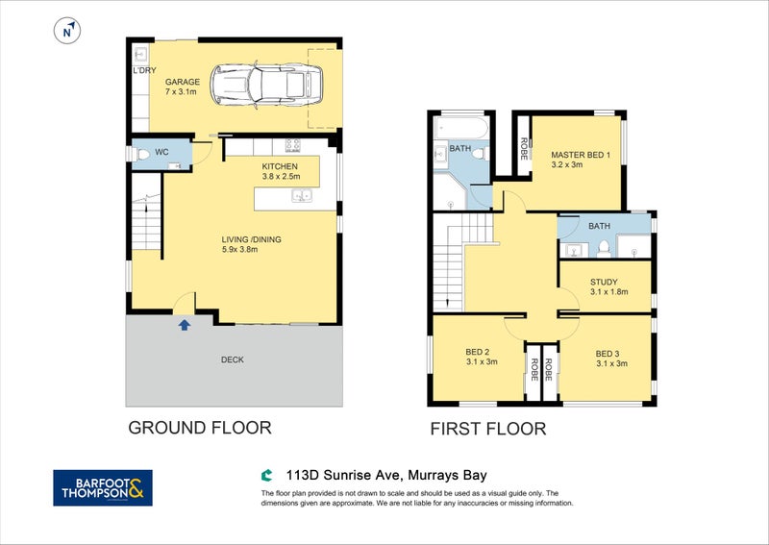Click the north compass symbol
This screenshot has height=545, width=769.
click(67, 31)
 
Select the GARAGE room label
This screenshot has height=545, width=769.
click(183, 82)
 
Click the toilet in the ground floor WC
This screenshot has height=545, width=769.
click(142, 154)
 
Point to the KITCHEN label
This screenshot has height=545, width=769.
click(280, 166)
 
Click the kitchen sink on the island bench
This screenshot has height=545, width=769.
click(302, 196)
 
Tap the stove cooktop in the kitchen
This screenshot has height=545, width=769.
click(293, 146)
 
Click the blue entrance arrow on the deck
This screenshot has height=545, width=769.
click(185, 325)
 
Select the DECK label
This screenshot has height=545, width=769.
click(233, 359)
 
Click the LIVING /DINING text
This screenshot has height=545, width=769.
click(251, 239)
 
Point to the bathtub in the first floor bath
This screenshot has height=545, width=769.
click(461, 128)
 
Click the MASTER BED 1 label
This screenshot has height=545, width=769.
click(581, 155)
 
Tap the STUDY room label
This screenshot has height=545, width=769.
click(604, 282)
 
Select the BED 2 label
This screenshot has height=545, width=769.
click(477, 352)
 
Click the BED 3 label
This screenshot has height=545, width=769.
click(608, 354)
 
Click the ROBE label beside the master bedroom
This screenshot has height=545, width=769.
click(524, 148)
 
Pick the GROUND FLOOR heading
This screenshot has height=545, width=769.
click(200, 428)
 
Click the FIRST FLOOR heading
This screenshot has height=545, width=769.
click(488, 429)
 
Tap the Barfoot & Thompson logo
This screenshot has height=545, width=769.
click(103, 487)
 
